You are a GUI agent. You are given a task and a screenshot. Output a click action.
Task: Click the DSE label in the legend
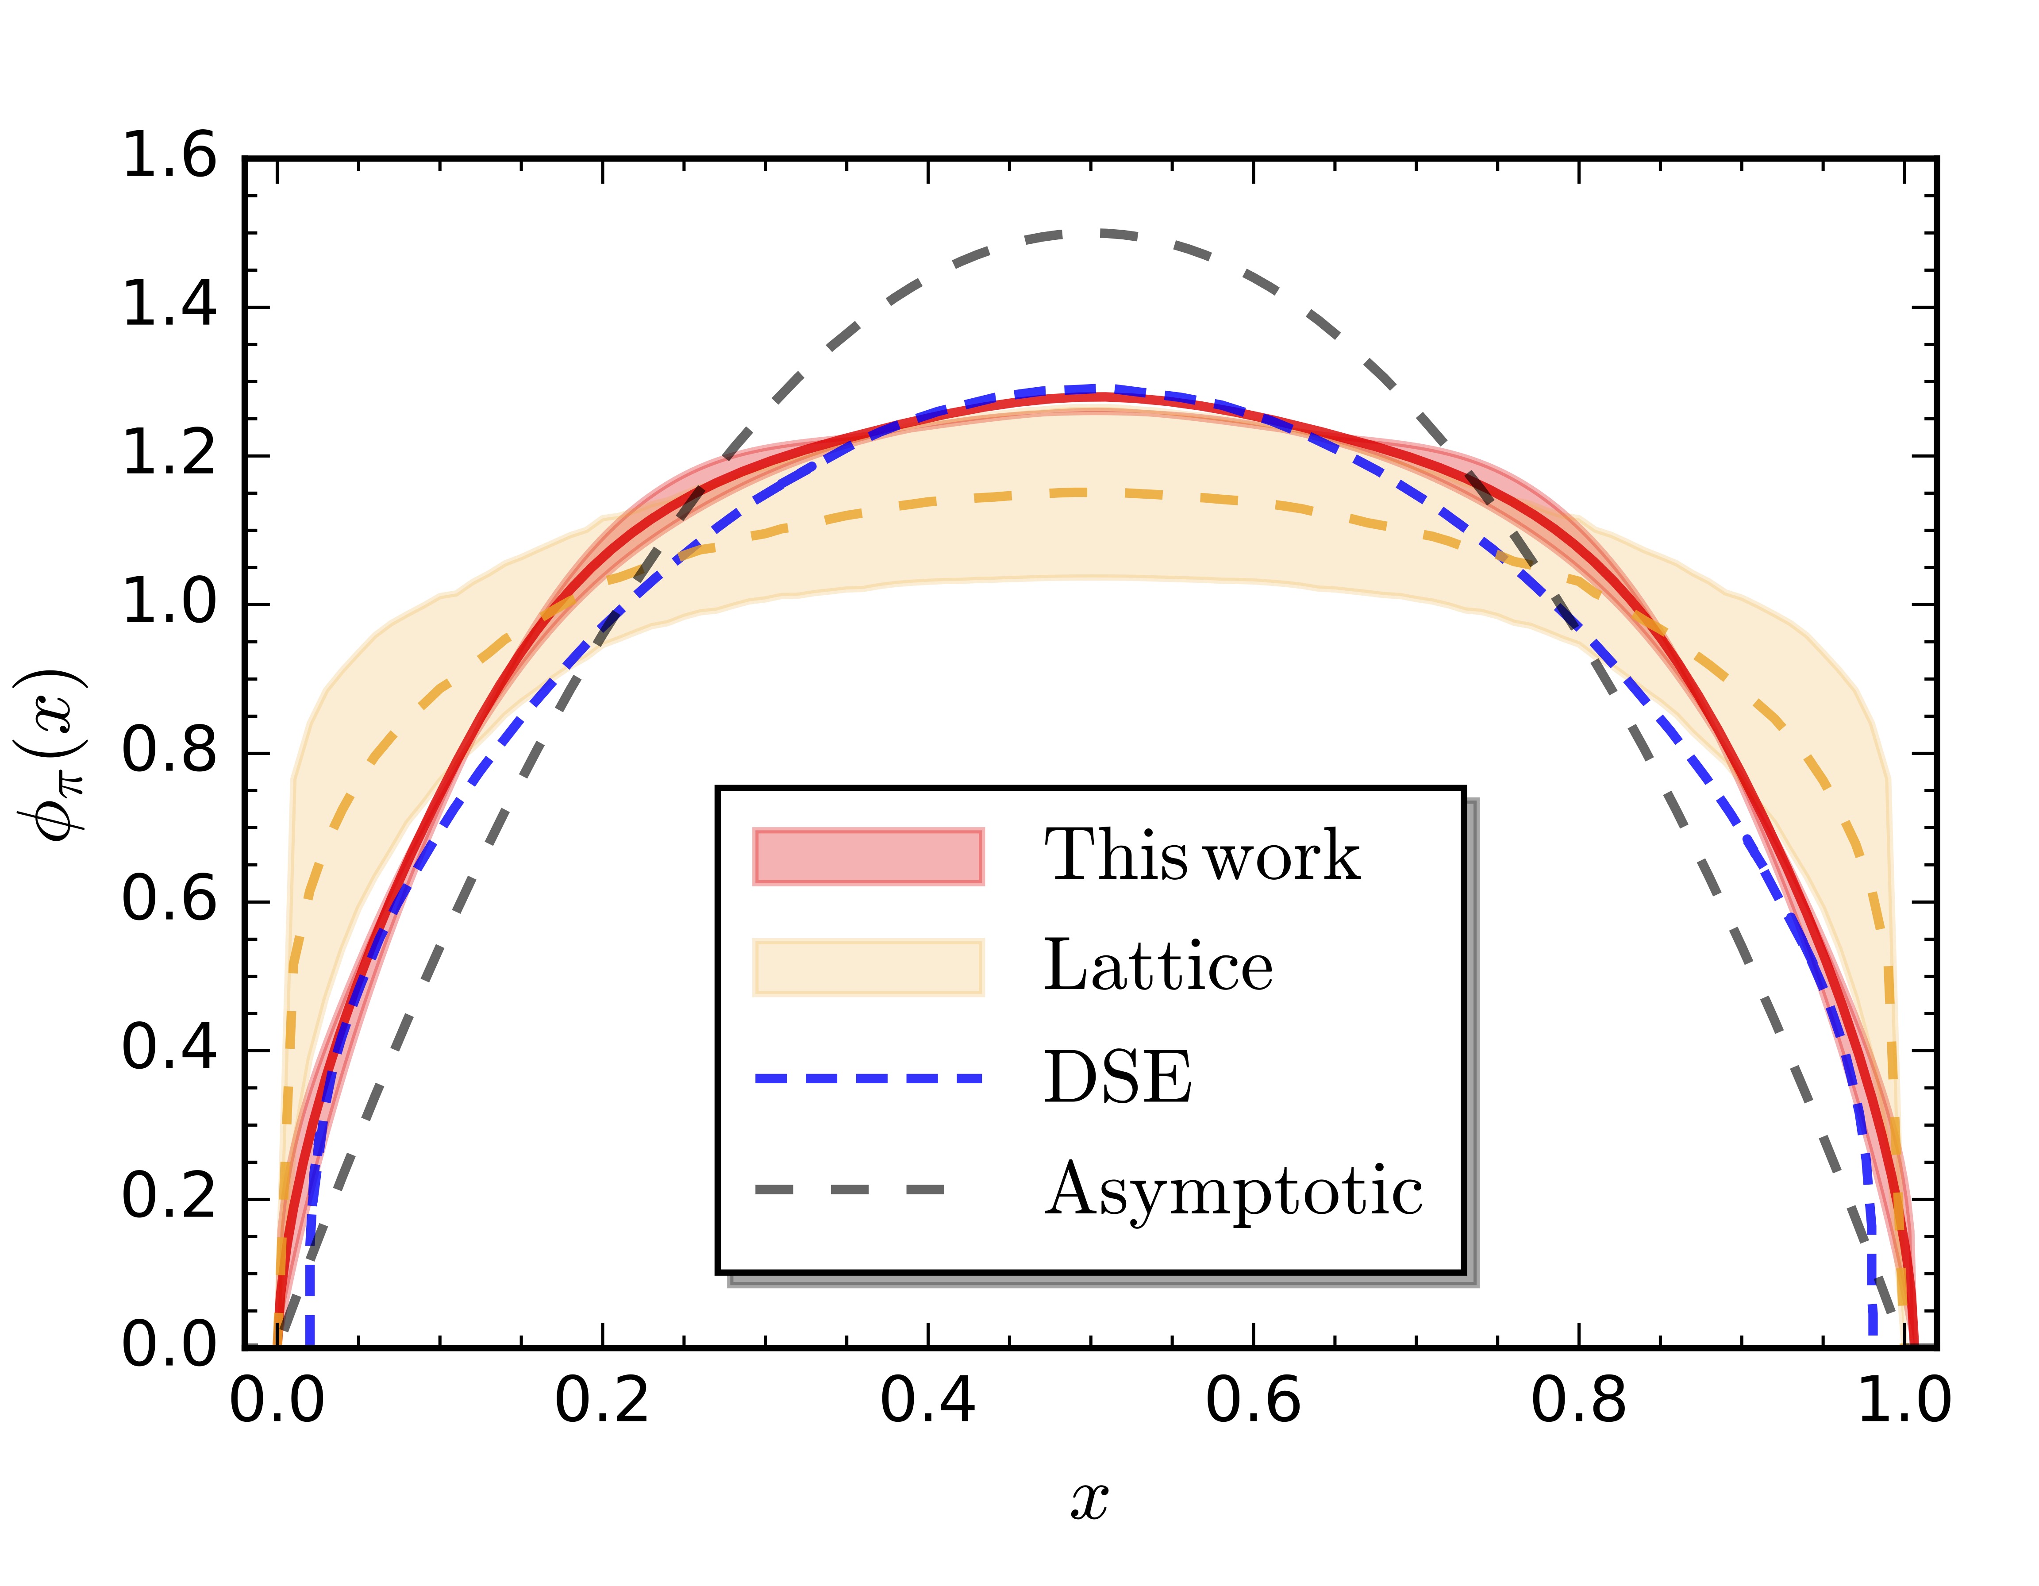point(1118,1078)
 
